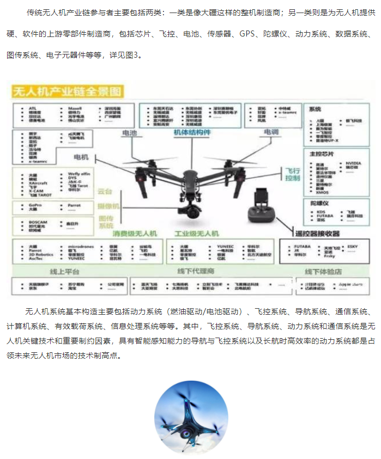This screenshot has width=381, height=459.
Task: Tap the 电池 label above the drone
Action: click(129, 132)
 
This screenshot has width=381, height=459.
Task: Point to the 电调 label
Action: click(270, 132)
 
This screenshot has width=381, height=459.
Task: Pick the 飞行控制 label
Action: click(292, 175)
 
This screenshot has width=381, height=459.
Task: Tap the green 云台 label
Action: click(105, 192)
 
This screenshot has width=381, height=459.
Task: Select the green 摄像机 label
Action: click(108, 207)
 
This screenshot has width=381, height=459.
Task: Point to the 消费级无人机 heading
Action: click(135, 233)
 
